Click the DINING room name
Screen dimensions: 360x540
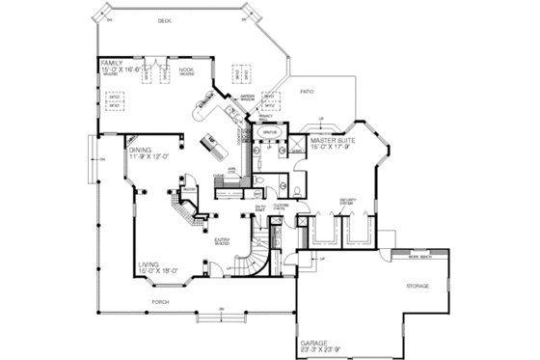tap(140, 150)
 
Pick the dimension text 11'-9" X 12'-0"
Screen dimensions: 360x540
tap(149, 156)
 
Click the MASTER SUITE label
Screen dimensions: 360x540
tap(330, 141)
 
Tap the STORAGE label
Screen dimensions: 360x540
tap(417, 286)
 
